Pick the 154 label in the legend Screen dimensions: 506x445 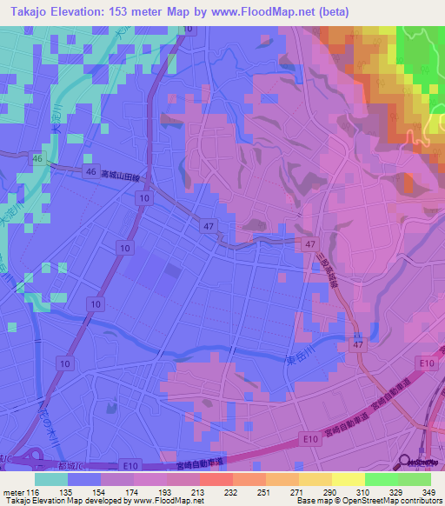pos(112,491)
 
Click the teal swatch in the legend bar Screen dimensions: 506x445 pos(51,479)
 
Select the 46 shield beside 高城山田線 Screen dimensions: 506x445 pos(91,173)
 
